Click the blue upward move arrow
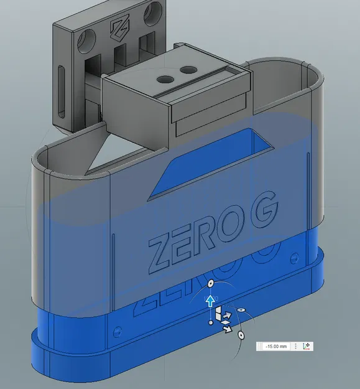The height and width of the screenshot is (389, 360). [x=211, y=302]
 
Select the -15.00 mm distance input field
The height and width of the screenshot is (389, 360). [x=275, y=345]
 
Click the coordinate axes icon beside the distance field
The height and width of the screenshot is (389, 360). [x=307, y=345]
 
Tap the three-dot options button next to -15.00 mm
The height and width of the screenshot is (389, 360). [x=295, y=345]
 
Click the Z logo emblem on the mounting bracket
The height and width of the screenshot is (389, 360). [x=118, y=27]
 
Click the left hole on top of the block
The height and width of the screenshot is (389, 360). [x=165, y=79]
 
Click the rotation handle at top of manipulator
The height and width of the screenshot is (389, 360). [x=210, y=284]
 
